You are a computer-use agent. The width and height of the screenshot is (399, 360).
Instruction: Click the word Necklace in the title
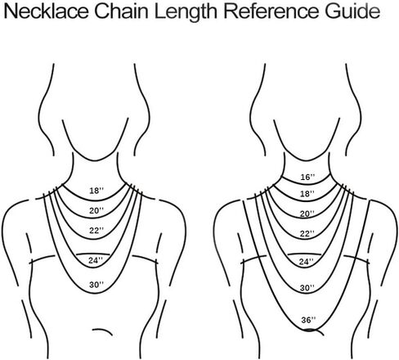click(47, 11)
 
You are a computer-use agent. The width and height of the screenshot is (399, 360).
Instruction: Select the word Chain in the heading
click(122, 11)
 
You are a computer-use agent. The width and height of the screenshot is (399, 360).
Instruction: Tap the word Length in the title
click(186, 13)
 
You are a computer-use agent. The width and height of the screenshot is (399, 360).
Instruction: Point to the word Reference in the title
click(271, 11)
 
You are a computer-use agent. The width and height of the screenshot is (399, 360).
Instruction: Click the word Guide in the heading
click(352, 11)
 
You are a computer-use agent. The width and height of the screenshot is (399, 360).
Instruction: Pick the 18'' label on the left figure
click(96, 191)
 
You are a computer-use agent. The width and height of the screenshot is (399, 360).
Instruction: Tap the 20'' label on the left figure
click(96, 210)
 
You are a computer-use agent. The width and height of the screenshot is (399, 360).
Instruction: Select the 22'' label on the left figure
click(96, 230)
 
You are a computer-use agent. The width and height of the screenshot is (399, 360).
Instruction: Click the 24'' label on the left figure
click(96, 260)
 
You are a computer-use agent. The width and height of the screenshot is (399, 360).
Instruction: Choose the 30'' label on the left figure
click(96, 285)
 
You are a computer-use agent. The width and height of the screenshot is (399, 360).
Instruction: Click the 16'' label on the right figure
click(307, 177)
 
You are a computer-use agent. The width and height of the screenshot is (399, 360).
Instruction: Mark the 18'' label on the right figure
click(307, 194)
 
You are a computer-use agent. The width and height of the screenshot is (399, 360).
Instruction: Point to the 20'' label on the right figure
click(307, 214)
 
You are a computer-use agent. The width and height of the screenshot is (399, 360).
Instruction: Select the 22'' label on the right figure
click(307, 233)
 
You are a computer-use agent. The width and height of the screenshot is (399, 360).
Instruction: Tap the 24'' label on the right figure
click(307, 262)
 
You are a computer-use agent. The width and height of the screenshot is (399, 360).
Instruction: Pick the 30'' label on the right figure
click(307, 287)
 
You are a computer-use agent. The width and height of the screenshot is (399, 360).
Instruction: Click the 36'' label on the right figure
click(308, 320)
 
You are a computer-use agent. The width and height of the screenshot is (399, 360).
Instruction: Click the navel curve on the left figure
click(104, 331)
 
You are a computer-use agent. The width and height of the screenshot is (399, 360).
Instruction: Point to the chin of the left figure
click(95, 160)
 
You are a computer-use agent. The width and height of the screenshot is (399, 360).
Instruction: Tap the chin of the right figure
click(307, 160)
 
